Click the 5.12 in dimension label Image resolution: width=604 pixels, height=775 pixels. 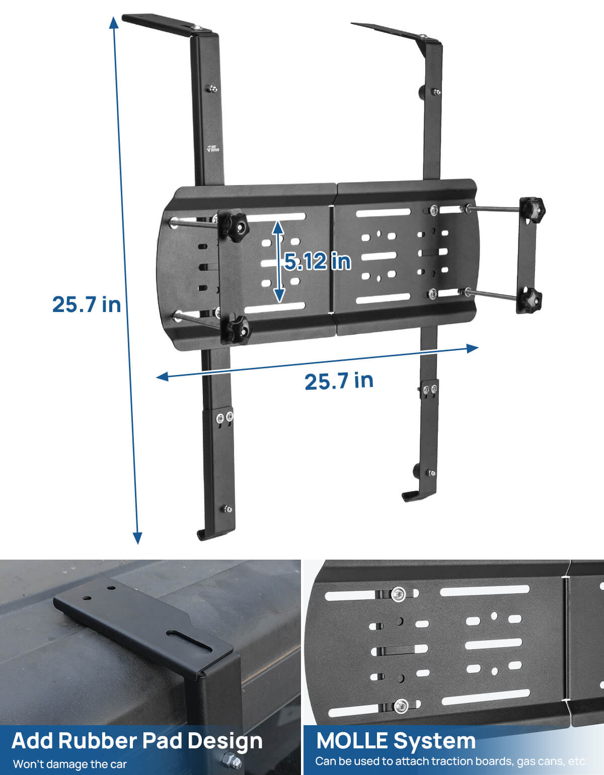tap(317, 261)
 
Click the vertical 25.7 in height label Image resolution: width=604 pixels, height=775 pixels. tap(87, 304)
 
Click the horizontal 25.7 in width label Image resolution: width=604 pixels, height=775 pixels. tap(339, 381)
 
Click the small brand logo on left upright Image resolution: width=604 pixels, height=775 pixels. tap(213, 148)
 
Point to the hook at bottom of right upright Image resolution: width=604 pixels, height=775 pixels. tap(410, 495)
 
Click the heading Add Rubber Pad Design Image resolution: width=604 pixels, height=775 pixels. tap(137, 741)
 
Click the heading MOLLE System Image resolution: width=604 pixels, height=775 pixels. tap(396, 741)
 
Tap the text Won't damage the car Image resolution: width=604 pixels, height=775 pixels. tap(69, 764)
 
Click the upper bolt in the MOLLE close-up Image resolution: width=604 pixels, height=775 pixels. tap(399, 594)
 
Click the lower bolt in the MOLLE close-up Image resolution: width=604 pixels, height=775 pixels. tap(401, 706)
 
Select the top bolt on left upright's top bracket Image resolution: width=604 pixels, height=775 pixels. tap(199, 28)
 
